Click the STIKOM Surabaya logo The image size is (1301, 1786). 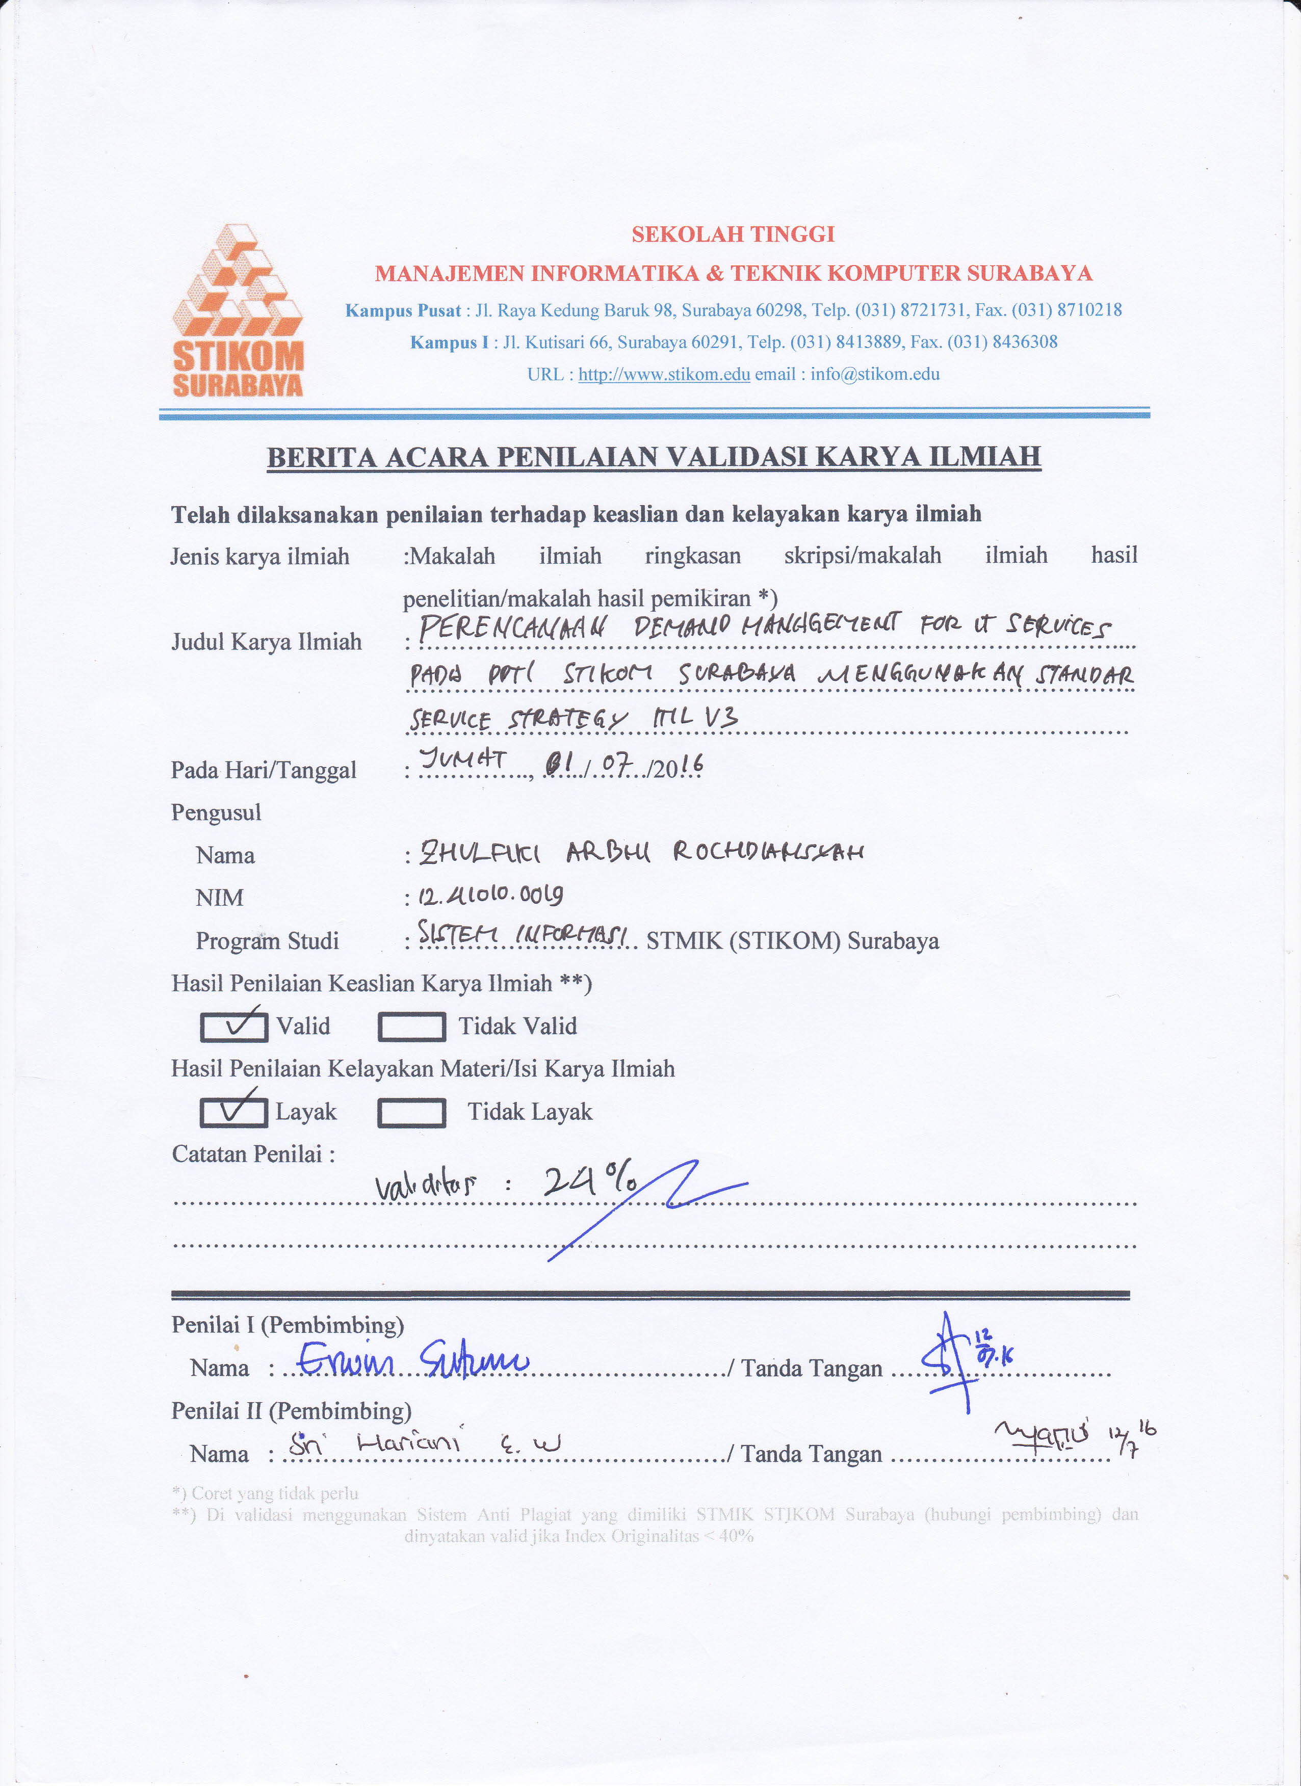[x=238, y=310]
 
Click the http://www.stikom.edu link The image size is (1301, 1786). [x=664, y=374]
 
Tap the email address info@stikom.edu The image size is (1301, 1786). [x=875, y=374]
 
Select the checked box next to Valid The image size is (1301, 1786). [x=234, y=1026]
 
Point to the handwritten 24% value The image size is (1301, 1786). [x=591, y=1183]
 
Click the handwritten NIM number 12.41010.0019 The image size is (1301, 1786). [x=490, y=896]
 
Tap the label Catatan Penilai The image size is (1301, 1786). [x=253, y=1154]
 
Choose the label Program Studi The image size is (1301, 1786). [x=267, y=941]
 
